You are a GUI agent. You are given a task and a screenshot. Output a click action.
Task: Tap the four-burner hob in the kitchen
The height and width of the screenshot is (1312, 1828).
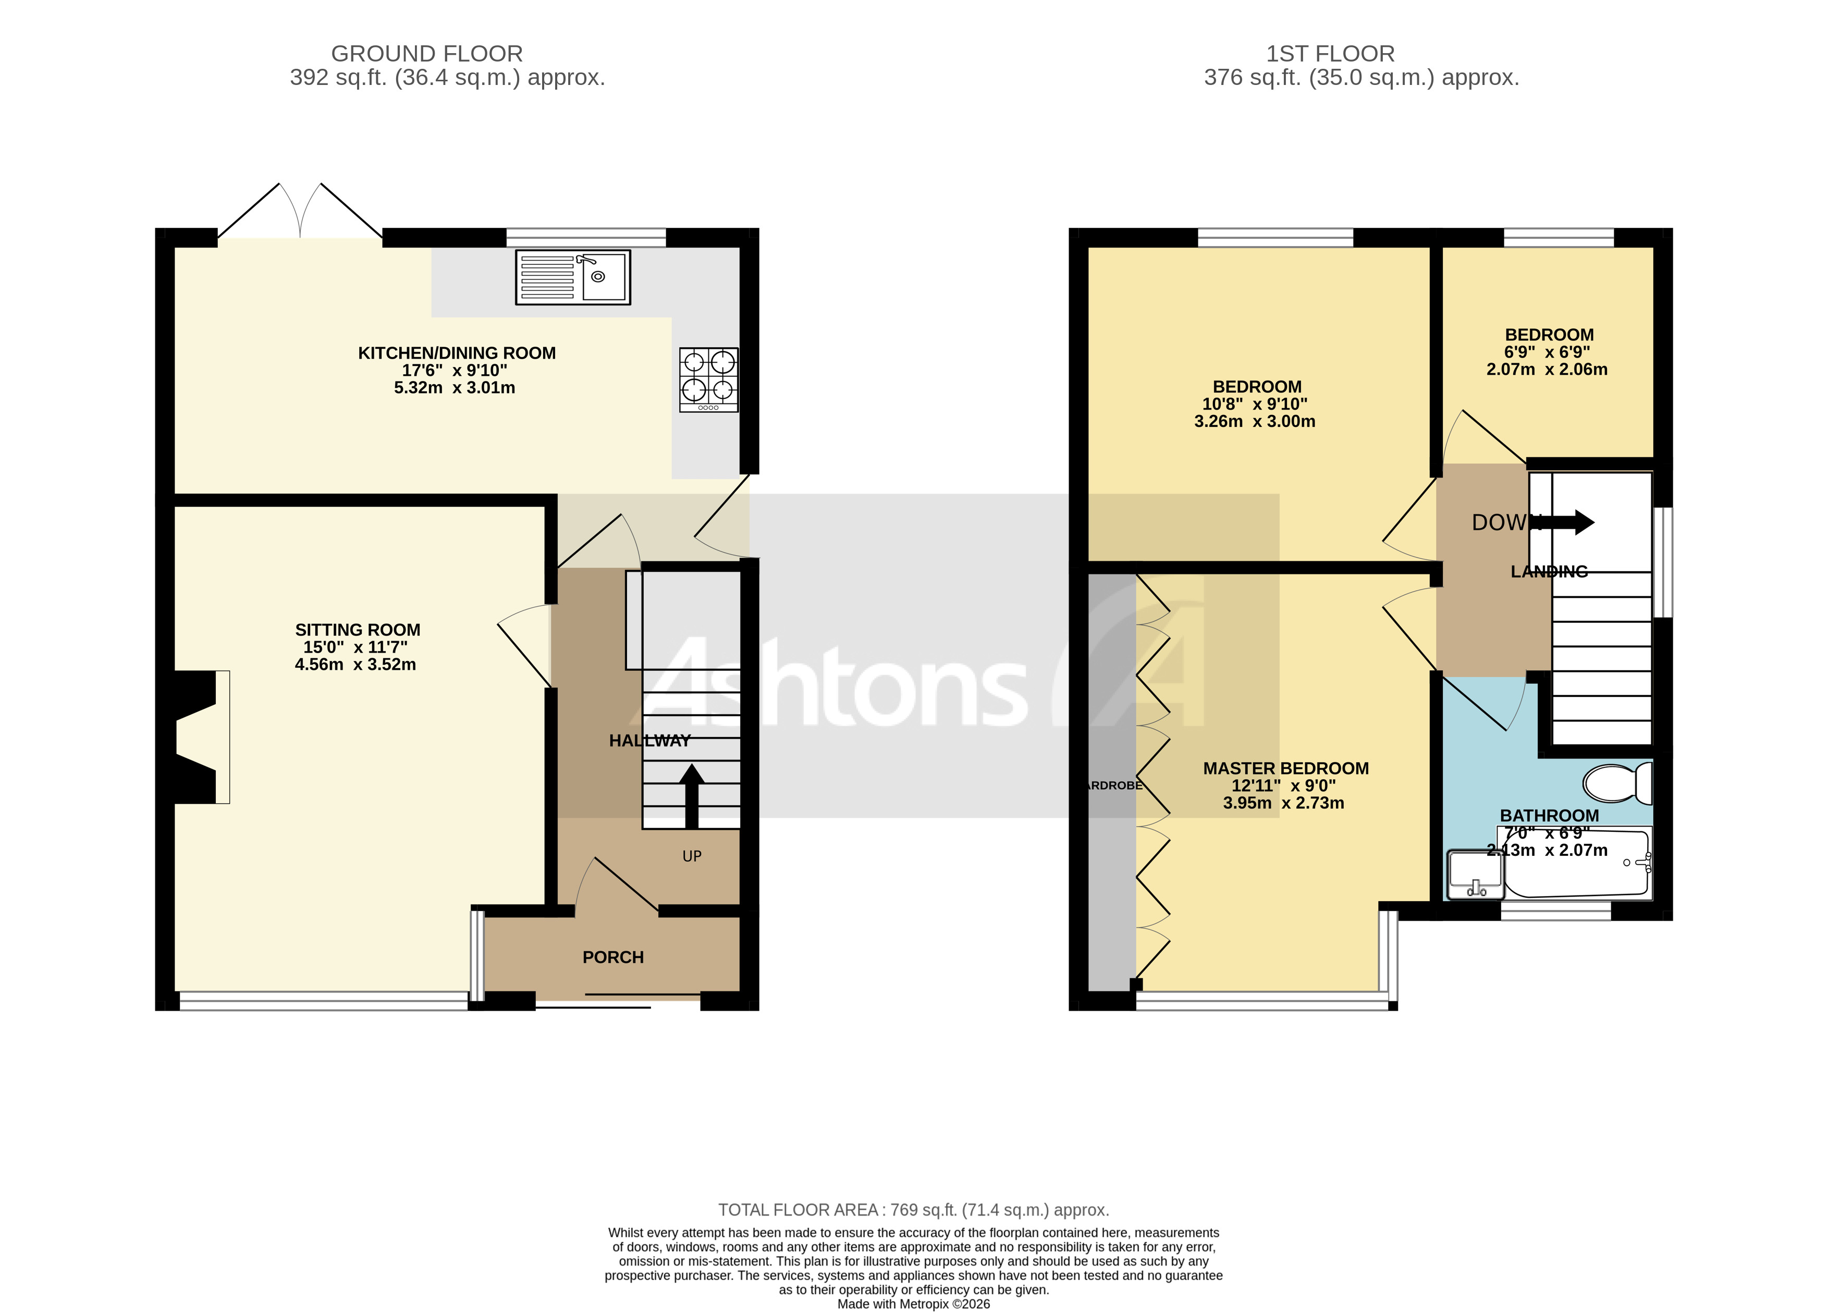[x=708, y=379]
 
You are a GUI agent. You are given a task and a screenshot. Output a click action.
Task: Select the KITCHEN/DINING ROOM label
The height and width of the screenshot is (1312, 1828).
[x=456, y=353]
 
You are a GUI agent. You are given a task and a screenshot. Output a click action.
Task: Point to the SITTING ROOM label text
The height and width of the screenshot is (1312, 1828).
[x=357, y=629]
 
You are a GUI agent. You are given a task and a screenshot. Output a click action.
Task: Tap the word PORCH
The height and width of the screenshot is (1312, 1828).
[x=612, y=957]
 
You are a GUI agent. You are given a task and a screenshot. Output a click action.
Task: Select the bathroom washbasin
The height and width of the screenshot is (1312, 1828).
[x=1475, y=874]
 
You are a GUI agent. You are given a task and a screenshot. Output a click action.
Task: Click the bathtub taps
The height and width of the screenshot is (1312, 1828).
[x=1644, y=862]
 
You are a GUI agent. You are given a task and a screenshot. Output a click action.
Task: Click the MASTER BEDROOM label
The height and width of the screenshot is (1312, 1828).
[x=1285, y=768]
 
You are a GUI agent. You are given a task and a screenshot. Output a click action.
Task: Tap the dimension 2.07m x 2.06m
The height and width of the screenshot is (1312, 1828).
[x=1547, y=369]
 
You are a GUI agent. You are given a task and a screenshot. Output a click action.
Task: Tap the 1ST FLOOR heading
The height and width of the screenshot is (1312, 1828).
[x=1330, y=53]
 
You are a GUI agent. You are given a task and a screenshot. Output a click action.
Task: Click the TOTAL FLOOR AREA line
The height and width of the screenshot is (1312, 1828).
[x=913, y=1210]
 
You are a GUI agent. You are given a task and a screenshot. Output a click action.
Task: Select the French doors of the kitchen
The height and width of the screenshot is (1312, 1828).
[x=300, y=211]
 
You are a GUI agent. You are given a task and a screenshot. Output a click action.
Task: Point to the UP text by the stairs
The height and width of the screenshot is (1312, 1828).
[x=692, y=856]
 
